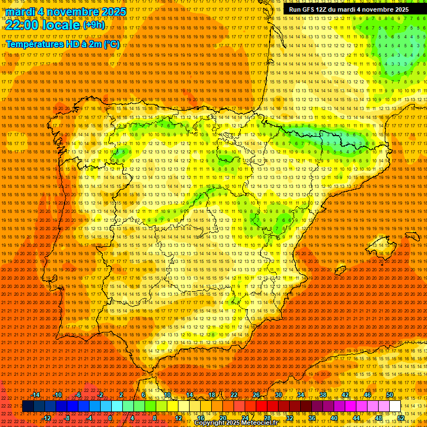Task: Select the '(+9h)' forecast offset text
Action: click(93, 25)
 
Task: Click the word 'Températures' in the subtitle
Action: click(34, 44)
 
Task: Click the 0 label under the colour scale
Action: click(110, 418)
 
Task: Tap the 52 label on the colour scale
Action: click(401, 418)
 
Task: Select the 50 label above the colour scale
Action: click(390, 395)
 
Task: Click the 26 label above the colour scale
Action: click(256, 395)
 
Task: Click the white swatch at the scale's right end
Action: click(395, 406)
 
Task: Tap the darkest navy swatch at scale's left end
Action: click(28, 406)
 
